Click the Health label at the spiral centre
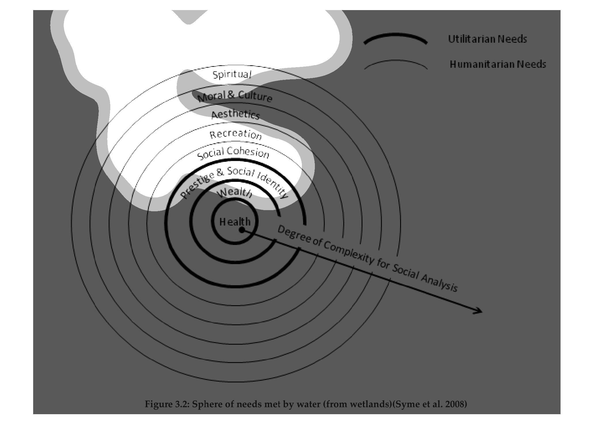[x=235, y=222]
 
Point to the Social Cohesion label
[x=233, y=153]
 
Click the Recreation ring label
[x=236, y=135]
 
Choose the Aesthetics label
[x=236, y=115]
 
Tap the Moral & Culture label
[x=235, y=96]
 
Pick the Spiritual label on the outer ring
[x=232, y=75]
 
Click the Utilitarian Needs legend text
[x=487, y=39]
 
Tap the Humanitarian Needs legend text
[x=498, y=64]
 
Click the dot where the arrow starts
[x=242, y=230]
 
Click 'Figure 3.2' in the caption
[x=166, y=404]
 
